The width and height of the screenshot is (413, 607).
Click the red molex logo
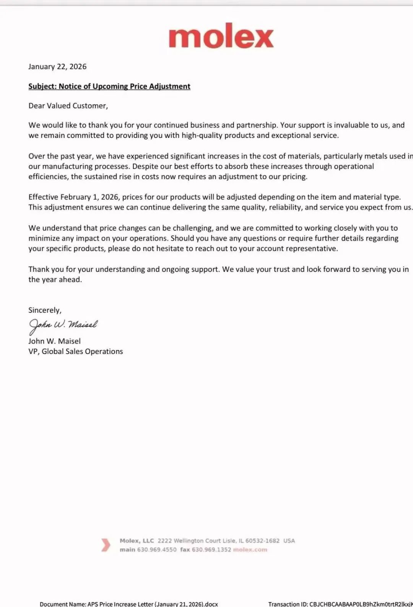(221, 36)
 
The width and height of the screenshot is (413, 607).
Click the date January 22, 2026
(57, 66)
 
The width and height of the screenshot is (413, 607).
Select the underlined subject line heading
(109, 86)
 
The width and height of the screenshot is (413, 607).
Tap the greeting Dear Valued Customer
(68, 106)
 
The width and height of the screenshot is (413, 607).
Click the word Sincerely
(45, 310)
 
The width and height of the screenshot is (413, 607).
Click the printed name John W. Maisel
(54, 341)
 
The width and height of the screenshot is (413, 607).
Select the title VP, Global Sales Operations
(76, 351)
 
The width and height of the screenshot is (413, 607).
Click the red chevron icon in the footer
(105, 545)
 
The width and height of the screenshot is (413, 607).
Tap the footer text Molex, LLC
(137, 541)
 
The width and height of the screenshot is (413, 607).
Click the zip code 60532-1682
(262, 541)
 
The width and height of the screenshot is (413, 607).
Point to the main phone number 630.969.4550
(157, 550)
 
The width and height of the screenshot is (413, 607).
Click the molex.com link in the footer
(250, 550)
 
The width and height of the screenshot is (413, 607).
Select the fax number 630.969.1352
(211, 550)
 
